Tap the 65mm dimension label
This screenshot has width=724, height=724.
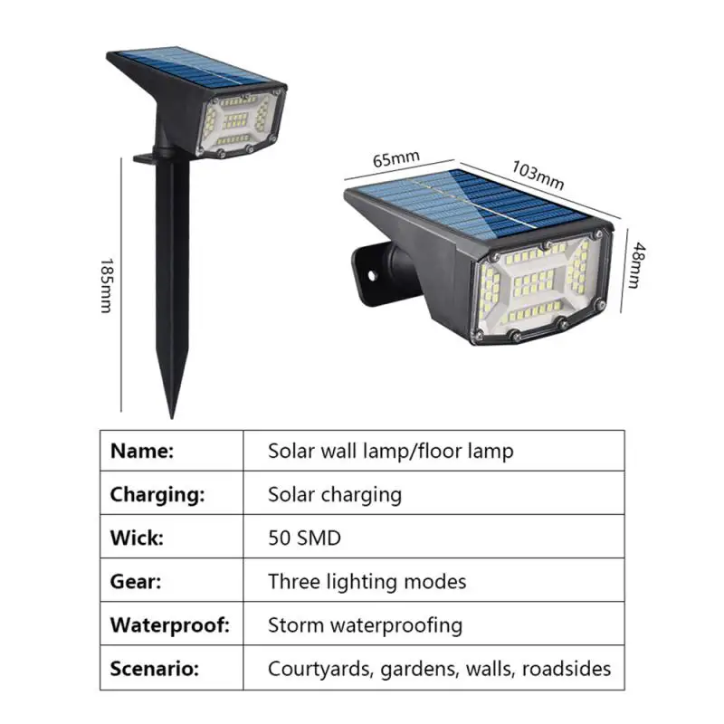[x=396, y=159]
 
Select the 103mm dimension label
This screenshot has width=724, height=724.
[x=538, y=176]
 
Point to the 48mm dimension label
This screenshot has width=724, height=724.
[x=637, y=265]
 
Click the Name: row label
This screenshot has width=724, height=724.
[x=142, y=451]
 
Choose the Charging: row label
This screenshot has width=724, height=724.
[x=157, y=494]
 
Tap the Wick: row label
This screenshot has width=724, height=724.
[x=137, y=538]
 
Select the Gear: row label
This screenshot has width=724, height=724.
[x=136, y=581]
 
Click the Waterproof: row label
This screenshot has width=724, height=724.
[x=170, y=624]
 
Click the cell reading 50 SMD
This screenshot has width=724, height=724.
[x=304, y=538]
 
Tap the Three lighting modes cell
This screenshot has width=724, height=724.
[x=367, y=581]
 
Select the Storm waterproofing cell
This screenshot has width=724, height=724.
[x=365, y=624]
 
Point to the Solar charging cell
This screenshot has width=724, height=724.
[x=334, y=494]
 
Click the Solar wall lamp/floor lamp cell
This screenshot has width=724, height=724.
[x=390, y=451]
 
